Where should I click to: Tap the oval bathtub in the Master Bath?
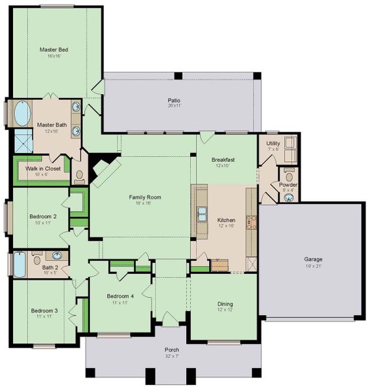point(22,113)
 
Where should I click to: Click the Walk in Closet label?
point(43,168)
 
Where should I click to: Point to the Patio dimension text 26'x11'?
point(174,106)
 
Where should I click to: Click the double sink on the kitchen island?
point(203,214)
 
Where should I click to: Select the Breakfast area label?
point(223,159)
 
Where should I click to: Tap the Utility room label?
point(273,142)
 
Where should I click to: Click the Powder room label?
point(288,184)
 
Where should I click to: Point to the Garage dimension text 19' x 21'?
point(313,265)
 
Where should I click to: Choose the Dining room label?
point(225,304)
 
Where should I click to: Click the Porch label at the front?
point(172,350)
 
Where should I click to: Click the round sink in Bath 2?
point(57,255)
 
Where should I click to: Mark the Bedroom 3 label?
point(44,310)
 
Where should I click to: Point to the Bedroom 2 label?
point(43,216)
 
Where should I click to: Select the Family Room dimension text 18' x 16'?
point(145,203)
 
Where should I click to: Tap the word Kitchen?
point(226,220)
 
